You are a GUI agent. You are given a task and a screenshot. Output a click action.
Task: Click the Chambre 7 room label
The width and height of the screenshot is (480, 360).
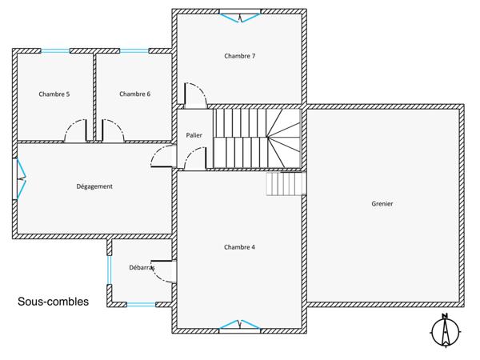239,56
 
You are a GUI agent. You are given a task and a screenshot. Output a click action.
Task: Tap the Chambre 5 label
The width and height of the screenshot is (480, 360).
54,94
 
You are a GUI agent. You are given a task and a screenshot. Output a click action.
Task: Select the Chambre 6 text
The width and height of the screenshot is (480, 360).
135,94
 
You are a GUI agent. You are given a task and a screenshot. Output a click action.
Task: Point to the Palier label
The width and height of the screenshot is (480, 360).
194,136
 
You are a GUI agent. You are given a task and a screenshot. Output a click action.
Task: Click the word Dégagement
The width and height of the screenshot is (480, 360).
94,186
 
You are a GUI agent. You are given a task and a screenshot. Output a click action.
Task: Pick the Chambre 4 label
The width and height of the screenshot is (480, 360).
239,247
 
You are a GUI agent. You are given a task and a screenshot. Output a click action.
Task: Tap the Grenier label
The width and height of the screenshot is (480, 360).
382,203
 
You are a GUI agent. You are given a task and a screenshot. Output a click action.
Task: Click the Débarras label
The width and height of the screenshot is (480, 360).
142,267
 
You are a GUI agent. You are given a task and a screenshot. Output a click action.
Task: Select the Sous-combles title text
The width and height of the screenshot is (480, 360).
54,302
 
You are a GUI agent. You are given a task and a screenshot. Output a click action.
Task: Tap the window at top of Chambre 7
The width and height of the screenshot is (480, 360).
240,14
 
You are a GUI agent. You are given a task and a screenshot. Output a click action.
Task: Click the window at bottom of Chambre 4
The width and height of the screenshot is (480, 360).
240,325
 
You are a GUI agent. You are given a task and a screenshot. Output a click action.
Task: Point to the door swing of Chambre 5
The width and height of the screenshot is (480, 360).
78,130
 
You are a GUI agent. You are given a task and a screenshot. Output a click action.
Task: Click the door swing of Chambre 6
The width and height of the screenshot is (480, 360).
111,130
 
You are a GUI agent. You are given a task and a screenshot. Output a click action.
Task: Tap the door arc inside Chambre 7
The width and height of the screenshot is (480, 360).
194,94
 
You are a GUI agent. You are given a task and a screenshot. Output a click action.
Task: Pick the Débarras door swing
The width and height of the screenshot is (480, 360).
164,272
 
